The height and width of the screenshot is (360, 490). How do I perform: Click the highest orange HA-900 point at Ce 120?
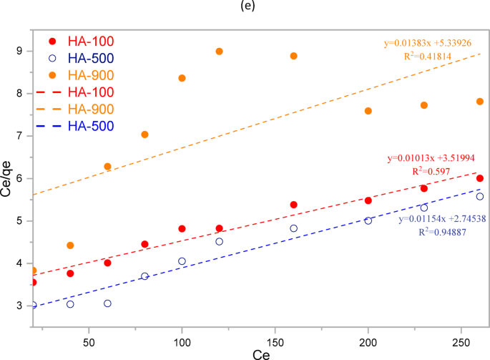point(219,52)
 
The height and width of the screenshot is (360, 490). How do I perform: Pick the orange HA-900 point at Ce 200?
point(368,111)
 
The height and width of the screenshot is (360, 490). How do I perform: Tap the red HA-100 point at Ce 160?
point(293,205)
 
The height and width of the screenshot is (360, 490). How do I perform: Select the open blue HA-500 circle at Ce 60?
point(107,303)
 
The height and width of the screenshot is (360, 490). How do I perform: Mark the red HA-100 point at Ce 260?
point(480,178)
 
